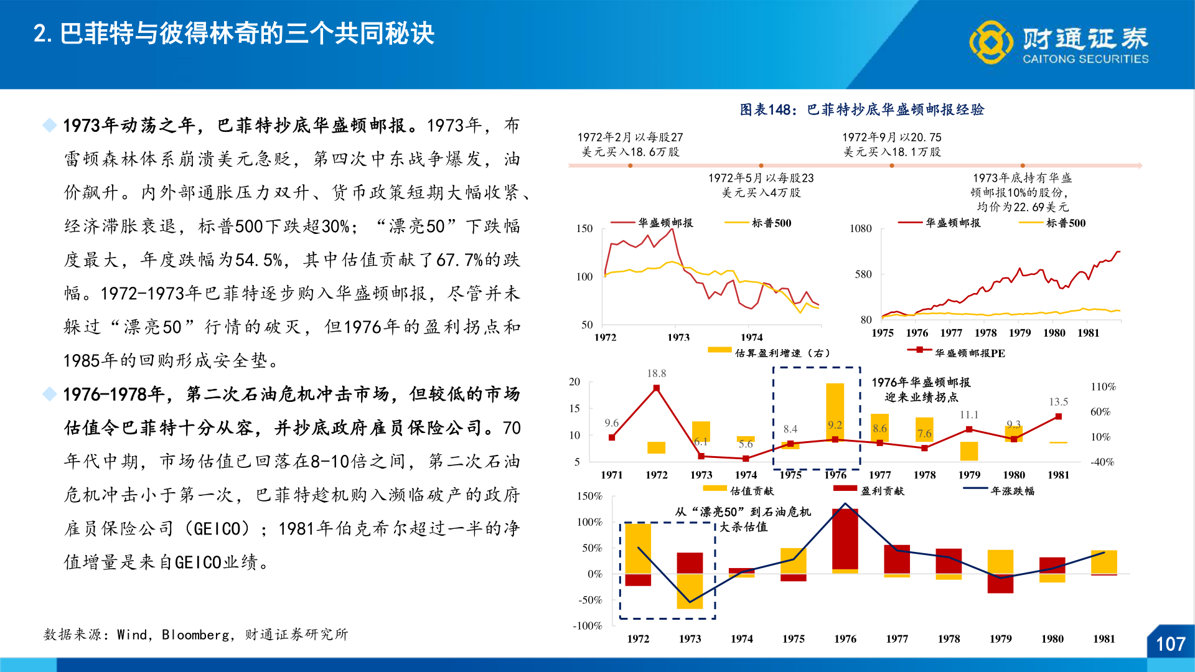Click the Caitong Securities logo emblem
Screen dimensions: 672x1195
991,42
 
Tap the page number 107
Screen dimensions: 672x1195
1170,644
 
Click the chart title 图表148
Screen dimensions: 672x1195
862,110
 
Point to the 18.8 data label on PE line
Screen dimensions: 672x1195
656,373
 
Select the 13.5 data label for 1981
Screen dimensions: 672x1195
1058,402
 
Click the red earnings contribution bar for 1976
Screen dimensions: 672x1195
845,539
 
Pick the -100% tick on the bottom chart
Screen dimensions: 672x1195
587,626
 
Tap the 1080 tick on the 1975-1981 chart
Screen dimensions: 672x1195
860,229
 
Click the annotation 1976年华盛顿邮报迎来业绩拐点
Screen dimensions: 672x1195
921,390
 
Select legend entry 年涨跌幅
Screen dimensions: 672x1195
1012,491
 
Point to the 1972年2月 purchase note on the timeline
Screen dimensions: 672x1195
630,144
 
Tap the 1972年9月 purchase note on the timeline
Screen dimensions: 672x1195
891,144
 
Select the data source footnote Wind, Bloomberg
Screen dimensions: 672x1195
195,635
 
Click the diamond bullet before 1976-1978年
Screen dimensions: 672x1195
49,394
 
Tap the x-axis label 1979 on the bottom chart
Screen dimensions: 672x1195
1000,639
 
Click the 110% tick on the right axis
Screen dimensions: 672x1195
1103,387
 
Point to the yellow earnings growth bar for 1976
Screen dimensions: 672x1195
835,411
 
